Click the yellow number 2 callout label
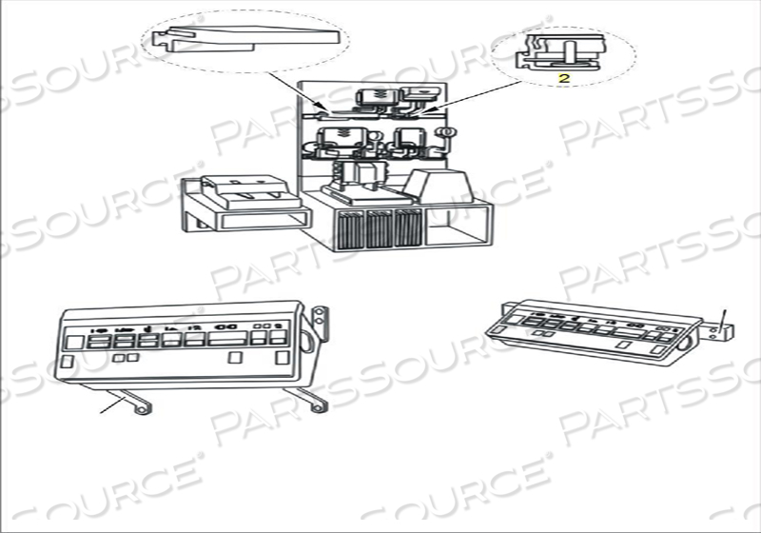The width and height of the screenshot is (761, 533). coord(563,79)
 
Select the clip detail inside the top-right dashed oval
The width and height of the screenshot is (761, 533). coord(563,51)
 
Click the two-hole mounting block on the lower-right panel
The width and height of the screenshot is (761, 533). coord(725,332)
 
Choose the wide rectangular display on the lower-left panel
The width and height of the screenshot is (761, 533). coord(233,338)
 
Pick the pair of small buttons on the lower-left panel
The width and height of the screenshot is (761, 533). coord(125,359)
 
